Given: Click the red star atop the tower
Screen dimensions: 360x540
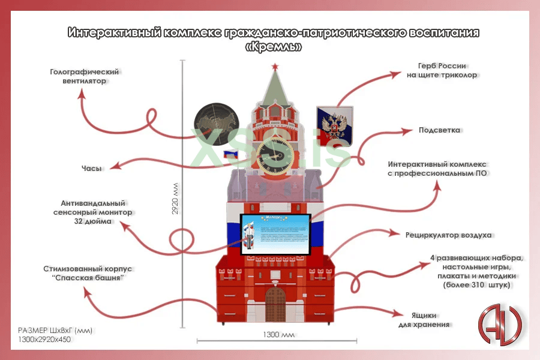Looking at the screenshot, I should point(275,65).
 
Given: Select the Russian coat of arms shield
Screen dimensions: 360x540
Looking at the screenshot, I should point(334,125).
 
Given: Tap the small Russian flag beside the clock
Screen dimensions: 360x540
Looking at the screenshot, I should point(232,155).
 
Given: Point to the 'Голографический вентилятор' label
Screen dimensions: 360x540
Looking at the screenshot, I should point(85,76).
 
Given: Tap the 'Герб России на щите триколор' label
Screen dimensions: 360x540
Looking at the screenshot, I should point(442,70).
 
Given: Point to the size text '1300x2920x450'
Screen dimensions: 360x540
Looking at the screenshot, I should point(44,340).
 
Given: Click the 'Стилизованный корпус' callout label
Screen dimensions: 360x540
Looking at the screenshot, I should point(88,274).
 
